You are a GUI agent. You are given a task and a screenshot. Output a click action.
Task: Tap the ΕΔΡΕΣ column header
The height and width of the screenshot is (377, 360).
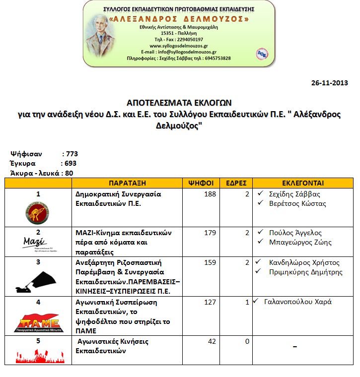(236, 183)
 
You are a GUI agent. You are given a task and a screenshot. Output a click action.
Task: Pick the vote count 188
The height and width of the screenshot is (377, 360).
(210, 194)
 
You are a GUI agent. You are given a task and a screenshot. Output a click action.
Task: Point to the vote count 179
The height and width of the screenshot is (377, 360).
(210, 233)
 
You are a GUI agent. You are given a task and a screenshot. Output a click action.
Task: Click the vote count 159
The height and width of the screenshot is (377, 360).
(210, 262)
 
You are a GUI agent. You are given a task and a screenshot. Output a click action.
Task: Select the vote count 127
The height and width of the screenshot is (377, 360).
(210, 302)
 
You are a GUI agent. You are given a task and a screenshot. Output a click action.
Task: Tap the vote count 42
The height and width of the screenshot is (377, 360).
(212, 341)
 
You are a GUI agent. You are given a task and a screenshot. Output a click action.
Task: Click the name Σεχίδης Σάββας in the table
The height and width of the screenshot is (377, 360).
(294, 194)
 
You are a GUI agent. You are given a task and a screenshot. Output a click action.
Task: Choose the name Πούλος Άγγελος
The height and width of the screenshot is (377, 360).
(295, 233)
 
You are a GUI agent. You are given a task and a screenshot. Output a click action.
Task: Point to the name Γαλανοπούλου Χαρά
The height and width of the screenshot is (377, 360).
(298, 302)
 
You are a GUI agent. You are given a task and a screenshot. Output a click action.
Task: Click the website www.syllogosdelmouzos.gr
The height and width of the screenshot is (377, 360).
(178, 46)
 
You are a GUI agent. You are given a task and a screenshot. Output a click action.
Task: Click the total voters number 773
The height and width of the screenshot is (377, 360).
(72, 154)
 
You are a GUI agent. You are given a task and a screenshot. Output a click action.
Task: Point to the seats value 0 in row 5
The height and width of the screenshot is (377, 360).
(247, 341)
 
